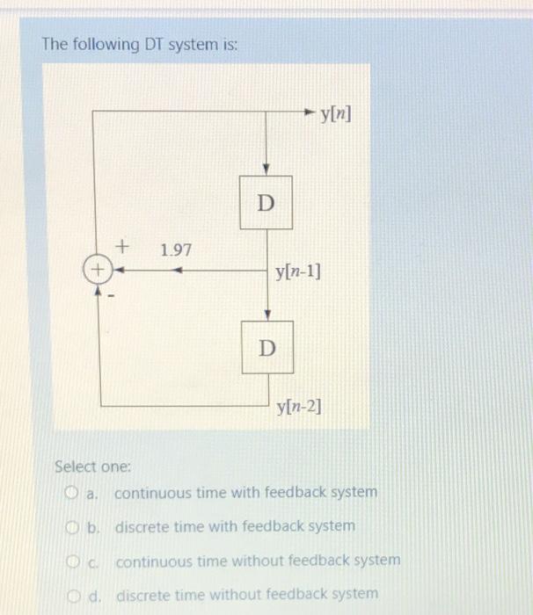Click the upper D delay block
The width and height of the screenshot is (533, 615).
(x=266, y=203)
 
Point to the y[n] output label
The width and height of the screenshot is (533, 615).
(x=336, y=113)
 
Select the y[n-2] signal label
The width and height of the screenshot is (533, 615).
(x=299, y=407)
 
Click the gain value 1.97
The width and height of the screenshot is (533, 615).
(x=176, y=251)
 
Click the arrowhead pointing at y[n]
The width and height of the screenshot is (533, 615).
(x=307, y=112)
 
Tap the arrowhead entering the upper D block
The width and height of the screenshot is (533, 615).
(x=266, y=169)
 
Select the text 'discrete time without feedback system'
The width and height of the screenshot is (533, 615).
(x=247, y=594)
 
